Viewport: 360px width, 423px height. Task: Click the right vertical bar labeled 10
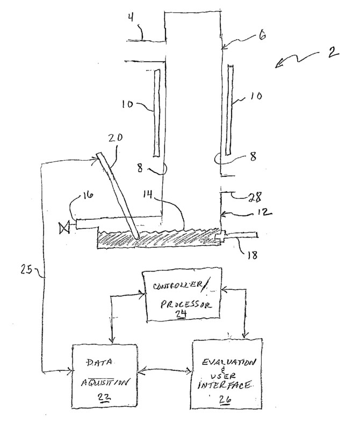point(230,109)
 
